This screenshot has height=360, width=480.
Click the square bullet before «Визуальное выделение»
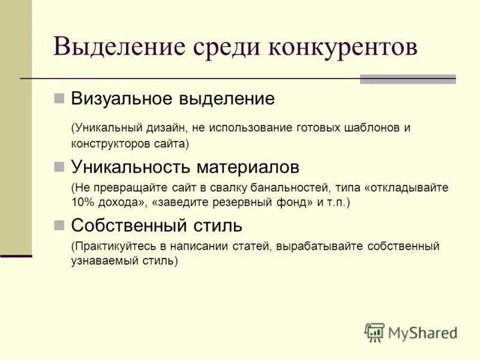click(59, 98)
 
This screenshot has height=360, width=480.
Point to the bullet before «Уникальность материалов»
click(59, 165)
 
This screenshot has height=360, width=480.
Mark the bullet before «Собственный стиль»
click(59, 225)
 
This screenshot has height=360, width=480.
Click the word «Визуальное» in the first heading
click(121, 98)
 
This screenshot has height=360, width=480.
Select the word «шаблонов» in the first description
click(368, 128)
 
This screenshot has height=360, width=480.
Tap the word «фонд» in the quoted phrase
click(297, 203)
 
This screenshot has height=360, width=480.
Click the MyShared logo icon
click(374, 332)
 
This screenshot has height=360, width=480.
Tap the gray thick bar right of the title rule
click(407, 79)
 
